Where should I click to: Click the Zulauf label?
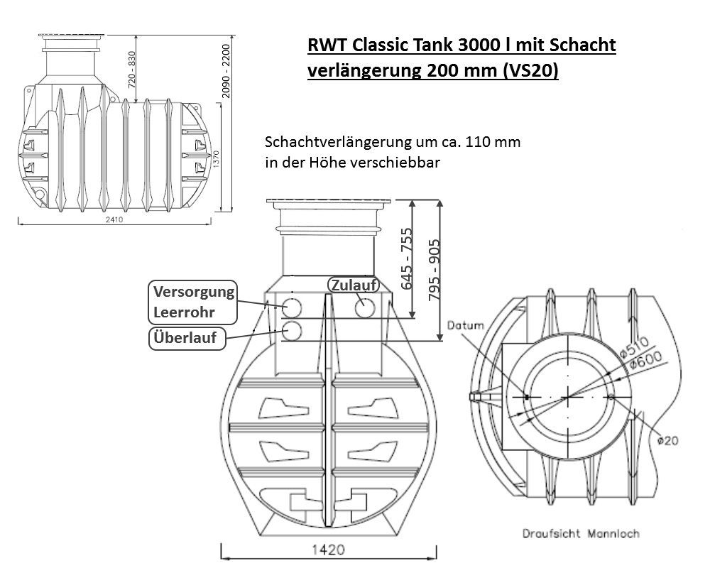pyautogui.click(x=354, y=285)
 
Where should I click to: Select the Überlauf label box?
pyautogui.click(x=187, y=339)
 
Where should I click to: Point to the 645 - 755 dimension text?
pyautogui.click(x=407, y=258)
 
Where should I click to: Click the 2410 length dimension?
pyautogui.click(x=114, y=219)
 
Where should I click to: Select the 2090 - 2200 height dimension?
pyautogui.click(x=226, y=71)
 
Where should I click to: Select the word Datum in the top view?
pyautogui.click(x=465, y=325)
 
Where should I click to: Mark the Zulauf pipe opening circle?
pyautogui.click(x=364, y=307)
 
